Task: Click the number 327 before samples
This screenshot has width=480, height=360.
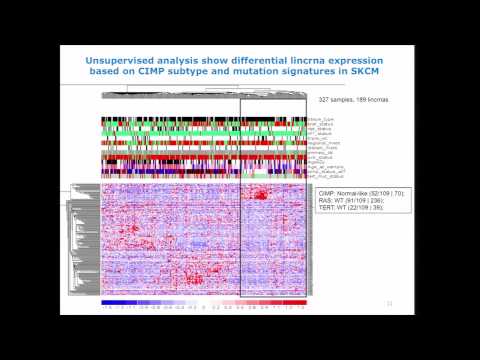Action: tap(325, 100)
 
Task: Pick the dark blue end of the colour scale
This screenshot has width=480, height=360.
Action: tap(106, 300)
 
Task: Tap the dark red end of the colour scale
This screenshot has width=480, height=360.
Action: tap(301, 300)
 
